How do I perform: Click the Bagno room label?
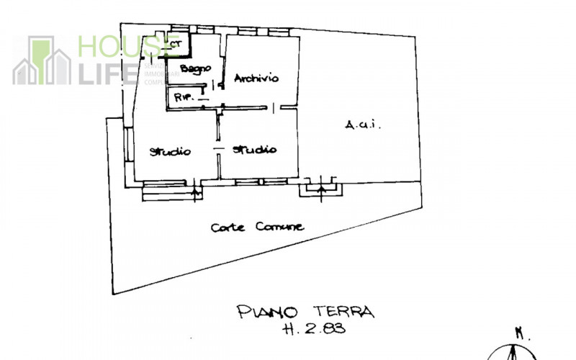[195, 68]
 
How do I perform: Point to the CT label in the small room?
[176, 44]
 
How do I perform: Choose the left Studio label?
[170, 152]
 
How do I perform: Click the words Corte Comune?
[257, 227]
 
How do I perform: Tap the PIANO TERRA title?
[306, 312]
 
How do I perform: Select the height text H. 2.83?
[311, 330]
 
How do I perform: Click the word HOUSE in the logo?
[119, 47]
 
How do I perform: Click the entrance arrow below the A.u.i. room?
[320, 189]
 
